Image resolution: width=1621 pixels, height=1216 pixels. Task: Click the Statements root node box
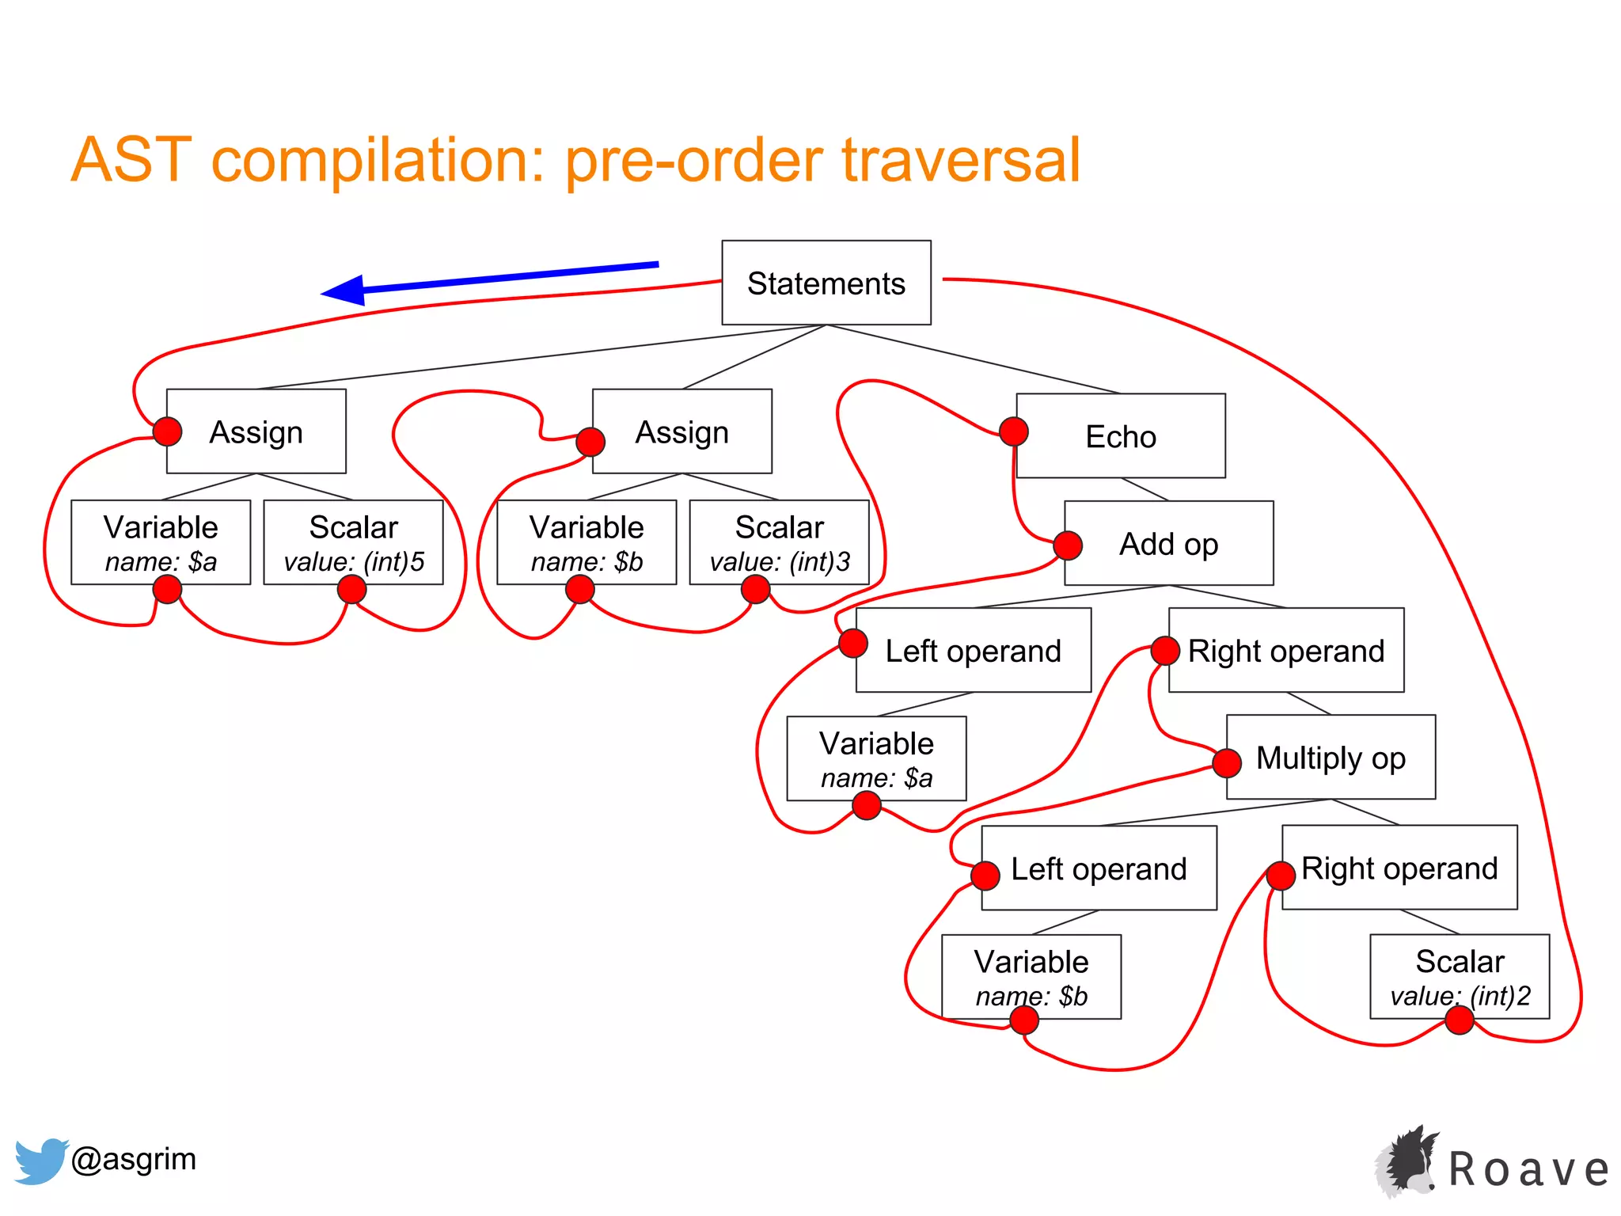pyautogui.click(x=826, y=283)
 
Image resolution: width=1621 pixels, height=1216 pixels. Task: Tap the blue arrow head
pyautogui.click(x=344, y=291)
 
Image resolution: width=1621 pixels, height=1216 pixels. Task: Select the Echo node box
pyautogui.click(x=1120, y=436)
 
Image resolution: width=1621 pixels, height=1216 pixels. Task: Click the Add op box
pyautogui.click(x=1168, y=544)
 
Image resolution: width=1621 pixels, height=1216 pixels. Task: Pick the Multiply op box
pyautogui.click(x=1330, y=758)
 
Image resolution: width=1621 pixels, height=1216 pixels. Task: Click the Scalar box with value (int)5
pyautogui.click(x=353, y=542)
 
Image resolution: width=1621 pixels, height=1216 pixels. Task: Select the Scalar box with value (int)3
pyautogui.click(x=779, y=542)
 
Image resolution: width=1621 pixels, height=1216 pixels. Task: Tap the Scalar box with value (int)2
pyautogui.click(x=1459, y=976)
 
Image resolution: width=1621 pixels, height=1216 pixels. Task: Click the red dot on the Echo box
pyautogui.click(x=1014, y=431)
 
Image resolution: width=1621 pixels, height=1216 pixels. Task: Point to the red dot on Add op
pyautogui.click(x=1068, y=545)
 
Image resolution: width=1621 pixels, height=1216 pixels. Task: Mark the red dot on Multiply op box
pyautogui.click(x=1227, y=763)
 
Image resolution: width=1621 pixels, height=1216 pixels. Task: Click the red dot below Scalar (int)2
pyautogui.click(x=1459, y=1020)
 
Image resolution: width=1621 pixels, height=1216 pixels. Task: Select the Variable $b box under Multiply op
pyautogui.click(x=1031, y=976)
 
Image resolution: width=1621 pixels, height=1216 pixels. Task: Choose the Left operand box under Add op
pyautogui.click(x=973, y=651)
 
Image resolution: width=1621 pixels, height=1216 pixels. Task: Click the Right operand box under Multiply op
pyautogui.click(x=1399, y=868)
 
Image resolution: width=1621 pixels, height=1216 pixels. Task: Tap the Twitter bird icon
pyautogui.click(x=40, y=1161)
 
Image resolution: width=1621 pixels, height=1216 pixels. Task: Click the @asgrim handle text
pyautogui.click(x=133, y=1159)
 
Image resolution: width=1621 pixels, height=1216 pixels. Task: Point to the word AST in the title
pyautogui.click(x=131, y=160)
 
